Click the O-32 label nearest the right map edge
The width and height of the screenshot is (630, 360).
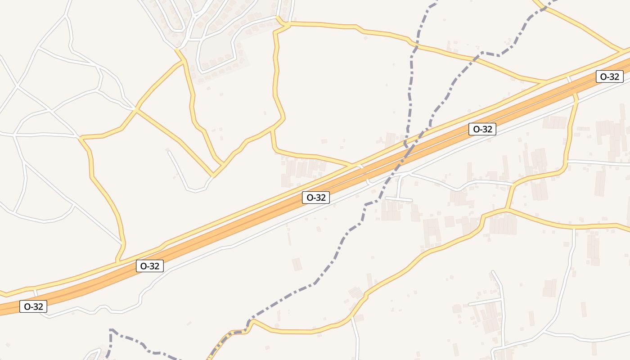tap(610, 76)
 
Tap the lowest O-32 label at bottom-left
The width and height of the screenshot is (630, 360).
tap(33, 307)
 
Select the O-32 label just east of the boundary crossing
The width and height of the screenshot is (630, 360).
tap(482, 129)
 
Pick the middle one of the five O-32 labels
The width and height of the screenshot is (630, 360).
tap(315, 198)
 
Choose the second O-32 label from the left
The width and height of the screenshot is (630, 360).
tap(149, 266)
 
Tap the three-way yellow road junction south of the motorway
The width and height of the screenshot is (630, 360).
tap(507, 210)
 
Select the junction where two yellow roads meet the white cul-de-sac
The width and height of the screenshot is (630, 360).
tap(213, 175)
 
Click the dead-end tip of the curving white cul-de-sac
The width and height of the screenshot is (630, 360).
tap(169, 152)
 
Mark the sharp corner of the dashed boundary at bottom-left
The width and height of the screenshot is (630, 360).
tap(111, 330)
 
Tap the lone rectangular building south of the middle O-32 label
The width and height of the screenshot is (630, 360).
tap(297, 264)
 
